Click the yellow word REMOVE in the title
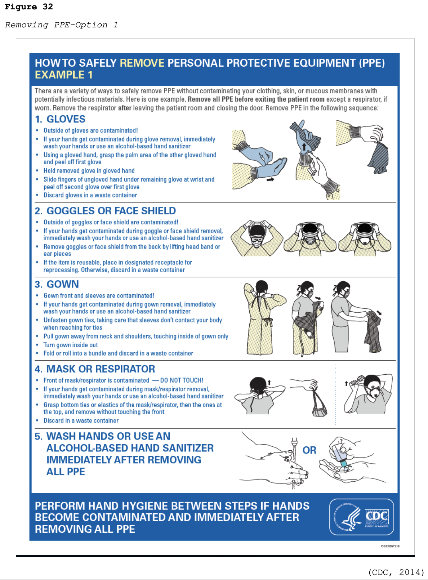(x=142, y=63)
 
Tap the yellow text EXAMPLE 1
(x=64, y=75)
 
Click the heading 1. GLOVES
(x=60, y=119)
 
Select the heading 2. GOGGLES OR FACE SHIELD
(x=105, y=211)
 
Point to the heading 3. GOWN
(x=57, y=284)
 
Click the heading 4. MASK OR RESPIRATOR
(x=95, y=369)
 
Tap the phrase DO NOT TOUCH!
(x=182, y=380)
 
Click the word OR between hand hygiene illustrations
(x=309, y=450)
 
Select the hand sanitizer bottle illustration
(x=340, y=455)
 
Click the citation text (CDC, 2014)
(x=396, y=572)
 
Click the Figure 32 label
(x=29, y=7)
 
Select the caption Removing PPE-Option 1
(x=61, y=25)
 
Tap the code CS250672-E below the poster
(x=390, y=546)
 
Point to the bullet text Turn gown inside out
(x=71, y=345)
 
